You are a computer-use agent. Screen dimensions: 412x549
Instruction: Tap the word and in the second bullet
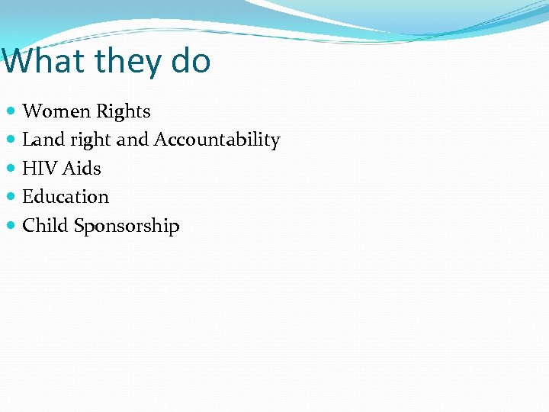click(x=133, y=140)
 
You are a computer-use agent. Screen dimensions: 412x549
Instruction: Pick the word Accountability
click(x=217, y=140)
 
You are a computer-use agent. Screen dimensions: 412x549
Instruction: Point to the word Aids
click(x=82, y=168)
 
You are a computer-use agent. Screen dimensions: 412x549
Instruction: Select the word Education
click(x=66, y=197)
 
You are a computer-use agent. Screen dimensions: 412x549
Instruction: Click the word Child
click(x=45, y=226)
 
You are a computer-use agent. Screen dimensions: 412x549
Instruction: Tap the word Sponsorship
click(x=127, y=227)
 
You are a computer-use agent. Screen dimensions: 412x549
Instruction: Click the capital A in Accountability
click(x=161, y=140)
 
